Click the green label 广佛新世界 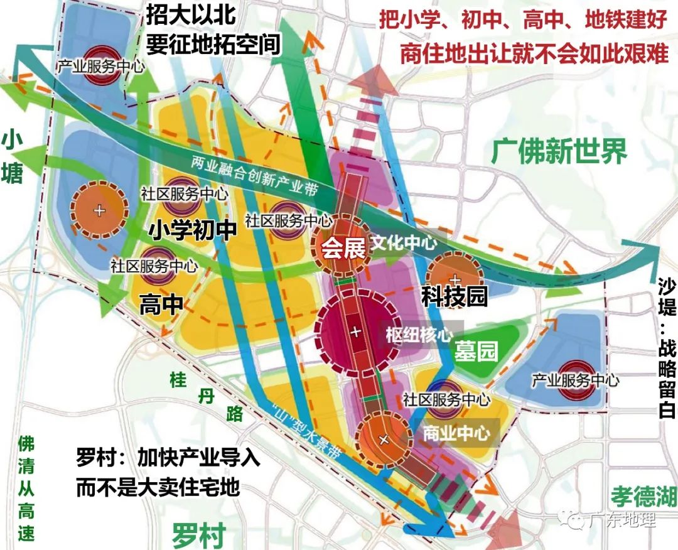coord(559,151)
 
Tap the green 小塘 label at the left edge coord(13,156)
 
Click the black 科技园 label coord(454,296)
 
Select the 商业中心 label coord(456,433)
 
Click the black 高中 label coord(161,305)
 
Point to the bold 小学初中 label coord(192,230)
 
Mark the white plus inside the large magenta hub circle coord(356,331)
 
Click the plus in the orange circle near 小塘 coord(99,210)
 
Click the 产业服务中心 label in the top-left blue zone coord(100,65)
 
